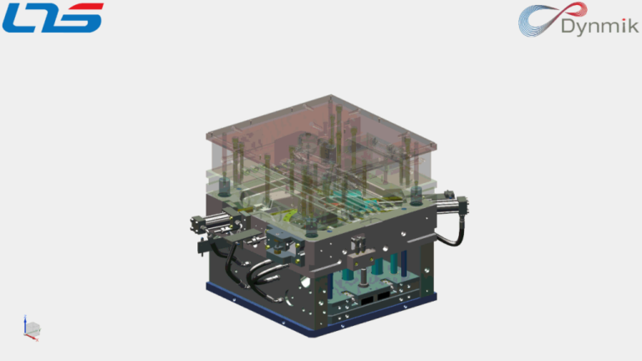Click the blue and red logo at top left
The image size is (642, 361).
click(x=52, y=18)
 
